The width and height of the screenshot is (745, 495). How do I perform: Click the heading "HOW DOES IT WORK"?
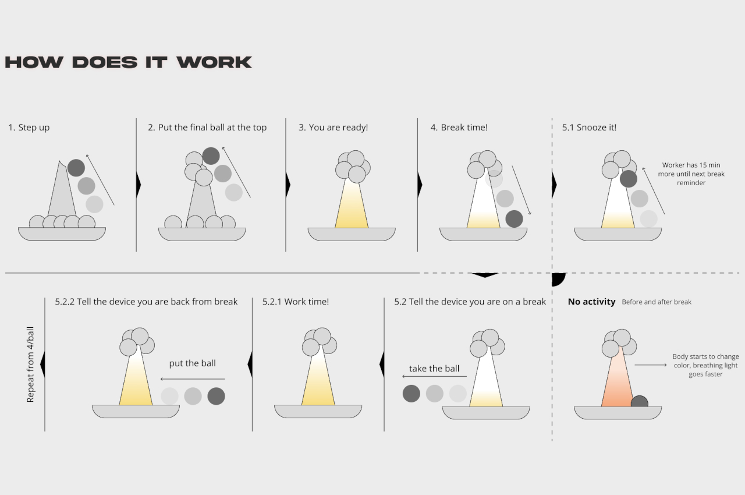(x=128, y=62)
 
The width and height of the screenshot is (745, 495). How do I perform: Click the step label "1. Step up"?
(x=29, y=128)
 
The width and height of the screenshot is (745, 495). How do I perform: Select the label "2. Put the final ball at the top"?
(x=207, y=128)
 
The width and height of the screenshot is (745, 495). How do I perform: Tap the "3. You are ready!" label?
(x=333, y=128)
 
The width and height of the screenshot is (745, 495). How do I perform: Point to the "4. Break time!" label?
(x=459, y=128)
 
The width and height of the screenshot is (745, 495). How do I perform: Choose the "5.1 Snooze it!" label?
(x=589, y=128)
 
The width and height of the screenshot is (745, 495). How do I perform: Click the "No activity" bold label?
(x=591, y=302)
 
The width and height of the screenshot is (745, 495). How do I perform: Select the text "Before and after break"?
(x=656, y=302)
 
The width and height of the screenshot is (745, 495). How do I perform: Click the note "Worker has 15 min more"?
(x=691, y=174)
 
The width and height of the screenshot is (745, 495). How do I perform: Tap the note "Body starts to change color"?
(x=705, y=365)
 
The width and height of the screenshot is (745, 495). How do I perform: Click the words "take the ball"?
(x=434, y=369)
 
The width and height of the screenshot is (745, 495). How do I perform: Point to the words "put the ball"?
(x=192, y=363)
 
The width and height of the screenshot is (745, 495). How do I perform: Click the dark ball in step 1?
(x=76, y=168)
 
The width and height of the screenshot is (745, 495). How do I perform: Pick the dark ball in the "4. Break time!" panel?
(x=514, y=219)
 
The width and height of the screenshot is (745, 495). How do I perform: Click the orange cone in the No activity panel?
(x=615, y=384)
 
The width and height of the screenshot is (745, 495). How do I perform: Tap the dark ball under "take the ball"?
(x=411, y=394)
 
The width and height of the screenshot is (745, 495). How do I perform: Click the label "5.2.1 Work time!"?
(x=295, y=302)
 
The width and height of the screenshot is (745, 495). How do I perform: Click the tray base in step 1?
(x=62, y=234)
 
